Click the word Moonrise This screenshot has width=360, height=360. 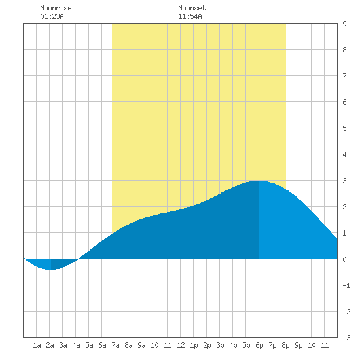56,8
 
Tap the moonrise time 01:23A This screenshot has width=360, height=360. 52,16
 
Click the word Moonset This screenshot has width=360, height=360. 192,8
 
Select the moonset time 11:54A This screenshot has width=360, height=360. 190,16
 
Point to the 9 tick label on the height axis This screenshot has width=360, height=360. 344,24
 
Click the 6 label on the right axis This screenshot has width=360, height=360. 344,102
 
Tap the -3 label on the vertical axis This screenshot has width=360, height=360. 346,338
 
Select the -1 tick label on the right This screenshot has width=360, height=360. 346,285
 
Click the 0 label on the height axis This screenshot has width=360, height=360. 344,259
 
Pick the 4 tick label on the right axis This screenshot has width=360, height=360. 344,154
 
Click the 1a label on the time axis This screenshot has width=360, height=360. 37,345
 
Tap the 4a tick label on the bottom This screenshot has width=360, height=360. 76,345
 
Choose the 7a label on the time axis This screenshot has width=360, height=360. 115,345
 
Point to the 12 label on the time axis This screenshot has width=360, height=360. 181,345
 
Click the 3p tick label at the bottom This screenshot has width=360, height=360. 220,345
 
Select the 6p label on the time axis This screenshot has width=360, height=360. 259,345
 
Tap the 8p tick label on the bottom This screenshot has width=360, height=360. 285,345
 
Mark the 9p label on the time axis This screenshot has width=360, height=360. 298,345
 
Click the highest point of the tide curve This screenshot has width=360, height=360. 259,181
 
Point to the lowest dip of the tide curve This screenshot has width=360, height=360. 51,269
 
